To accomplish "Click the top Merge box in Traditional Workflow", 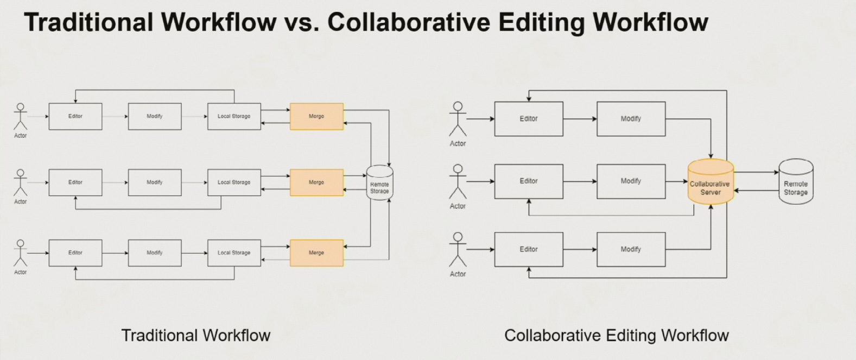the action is (x=316, y=116).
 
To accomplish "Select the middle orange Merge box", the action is (x=316, y=182).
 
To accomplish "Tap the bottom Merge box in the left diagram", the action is (x=316, y=253).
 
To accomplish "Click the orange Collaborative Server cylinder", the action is (x=711, y=182).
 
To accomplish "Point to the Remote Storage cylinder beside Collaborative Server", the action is (x=796, y=182).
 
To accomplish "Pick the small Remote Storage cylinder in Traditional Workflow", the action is (x=379, y=183).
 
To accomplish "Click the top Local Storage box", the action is (x=234, y=116).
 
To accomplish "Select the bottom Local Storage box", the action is (x=234, y=253).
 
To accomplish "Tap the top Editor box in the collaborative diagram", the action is (x=528, y=118).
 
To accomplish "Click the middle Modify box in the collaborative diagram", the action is (x=631, y=181).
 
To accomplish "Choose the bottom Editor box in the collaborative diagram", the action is (x=528, y=249).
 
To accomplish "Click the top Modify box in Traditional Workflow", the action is (x=155, y=116).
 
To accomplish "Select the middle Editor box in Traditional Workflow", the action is (x=75, y=182).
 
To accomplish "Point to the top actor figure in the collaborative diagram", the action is (x=458, y=119).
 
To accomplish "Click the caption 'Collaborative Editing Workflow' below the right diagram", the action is (x=616, y=336).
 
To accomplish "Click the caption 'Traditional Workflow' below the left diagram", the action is (x=195, y=336).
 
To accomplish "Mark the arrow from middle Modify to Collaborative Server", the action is (x=676, y=181).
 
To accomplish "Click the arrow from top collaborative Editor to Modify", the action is (x=580, y=118).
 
